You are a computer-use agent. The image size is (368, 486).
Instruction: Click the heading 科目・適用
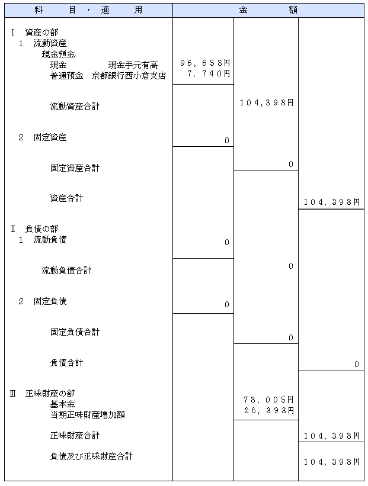88,10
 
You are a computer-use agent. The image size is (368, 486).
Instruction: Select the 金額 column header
268,10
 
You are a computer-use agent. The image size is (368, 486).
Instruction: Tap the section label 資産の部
41,32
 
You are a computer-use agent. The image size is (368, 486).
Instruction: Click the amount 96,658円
205,63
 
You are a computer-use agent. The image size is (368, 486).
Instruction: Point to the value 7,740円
209,74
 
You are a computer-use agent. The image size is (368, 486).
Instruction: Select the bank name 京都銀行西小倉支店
129,76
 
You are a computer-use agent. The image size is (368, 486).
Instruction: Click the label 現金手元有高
133,65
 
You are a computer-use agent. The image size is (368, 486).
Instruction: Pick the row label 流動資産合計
75,107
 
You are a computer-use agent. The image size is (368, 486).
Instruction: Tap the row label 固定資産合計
75,168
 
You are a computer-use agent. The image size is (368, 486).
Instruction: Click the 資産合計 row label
67,198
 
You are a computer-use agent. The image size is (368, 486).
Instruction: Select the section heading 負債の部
41,229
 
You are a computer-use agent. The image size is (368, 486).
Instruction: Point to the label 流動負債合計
67,271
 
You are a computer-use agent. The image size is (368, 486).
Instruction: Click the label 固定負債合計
75,332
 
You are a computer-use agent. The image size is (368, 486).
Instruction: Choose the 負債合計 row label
67,363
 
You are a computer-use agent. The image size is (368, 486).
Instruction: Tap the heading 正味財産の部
50,394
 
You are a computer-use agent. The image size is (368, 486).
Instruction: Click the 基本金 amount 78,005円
268,400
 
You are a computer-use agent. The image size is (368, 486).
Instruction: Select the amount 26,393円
268,410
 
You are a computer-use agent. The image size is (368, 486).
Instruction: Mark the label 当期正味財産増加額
88,415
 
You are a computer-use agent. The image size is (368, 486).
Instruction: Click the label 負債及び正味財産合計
91,456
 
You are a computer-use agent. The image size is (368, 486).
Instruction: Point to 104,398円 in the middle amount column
267,102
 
